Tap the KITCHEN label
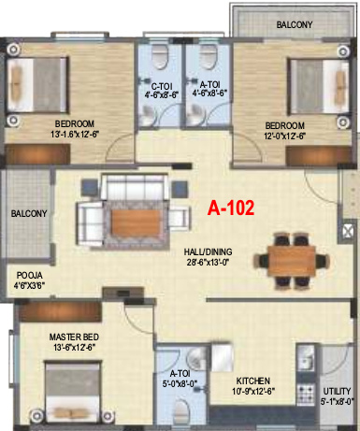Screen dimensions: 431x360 [x=253, y=381]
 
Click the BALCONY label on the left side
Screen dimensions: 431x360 [x=29, y=214]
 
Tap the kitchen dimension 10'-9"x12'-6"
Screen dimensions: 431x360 [x=253, y=394]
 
